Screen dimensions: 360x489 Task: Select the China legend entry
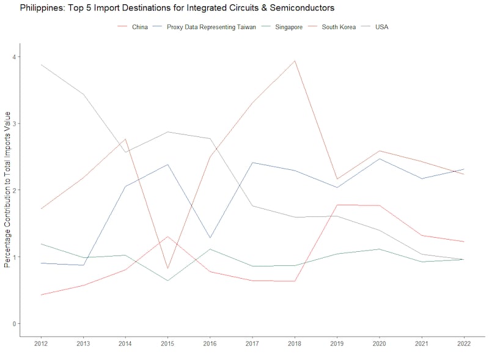click(x=139, y=27)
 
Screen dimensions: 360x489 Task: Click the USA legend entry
click(x=382, y=27)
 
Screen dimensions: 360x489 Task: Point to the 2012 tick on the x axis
click(x=41, y=344)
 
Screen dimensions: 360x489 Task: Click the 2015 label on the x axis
click(x=167, y=344)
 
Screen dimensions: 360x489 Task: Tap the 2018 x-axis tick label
click(x=295, y=344)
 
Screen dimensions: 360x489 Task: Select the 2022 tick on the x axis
click(x=464, y=344)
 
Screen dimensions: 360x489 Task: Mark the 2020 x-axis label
click(x=379, y=344)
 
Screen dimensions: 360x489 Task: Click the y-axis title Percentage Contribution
click(x=7, y=189)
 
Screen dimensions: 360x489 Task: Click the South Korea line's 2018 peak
click(x=295, y=61)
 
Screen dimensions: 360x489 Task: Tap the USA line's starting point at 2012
click(x=41, y=65)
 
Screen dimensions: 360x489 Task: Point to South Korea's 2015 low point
click(x=167, y=268)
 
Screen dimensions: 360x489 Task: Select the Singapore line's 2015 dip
click(x=167, y=281)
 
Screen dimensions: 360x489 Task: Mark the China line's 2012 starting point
click(x=41, y=295)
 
